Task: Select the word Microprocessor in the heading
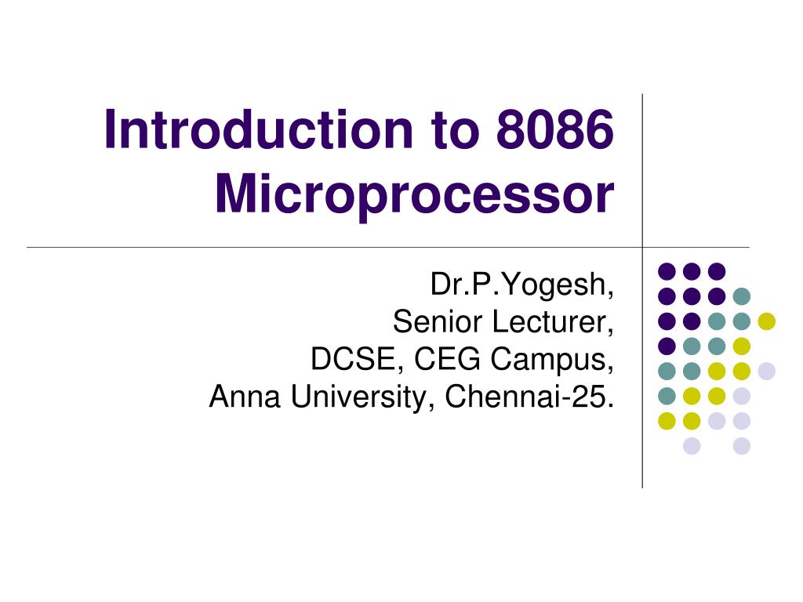coord(413,196)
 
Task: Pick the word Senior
coord(438,321)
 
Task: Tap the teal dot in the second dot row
coord(741,296)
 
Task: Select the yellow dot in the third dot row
coord(766,321)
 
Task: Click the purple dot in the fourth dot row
coord(667,346)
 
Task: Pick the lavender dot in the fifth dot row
coord(766,371)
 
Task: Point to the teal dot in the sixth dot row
coord(667,396)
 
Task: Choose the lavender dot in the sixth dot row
coord(741,396)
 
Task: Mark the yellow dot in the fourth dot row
coord(741,346)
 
